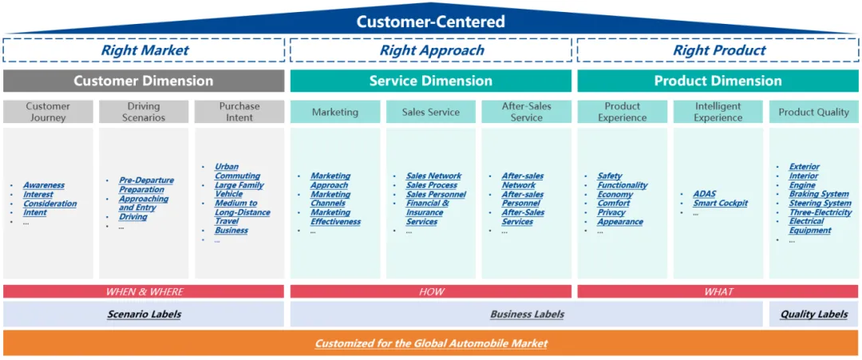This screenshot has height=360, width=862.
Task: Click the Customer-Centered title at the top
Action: click(x=430, y=22)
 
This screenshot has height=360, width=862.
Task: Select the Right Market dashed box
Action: click(x=144, y=50)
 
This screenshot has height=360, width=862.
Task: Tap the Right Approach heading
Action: click(x=431, y=50)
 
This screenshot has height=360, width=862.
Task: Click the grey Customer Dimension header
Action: click(x=144, y=81)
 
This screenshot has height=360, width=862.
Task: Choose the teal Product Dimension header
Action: click(x=718, y=81)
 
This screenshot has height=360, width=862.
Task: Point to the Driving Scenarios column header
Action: click(x=144, y=112)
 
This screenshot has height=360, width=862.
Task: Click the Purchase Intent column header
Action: click(x=239, y=112)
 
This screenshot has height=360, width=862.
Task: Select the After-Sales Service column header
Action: click(x=526, y=112)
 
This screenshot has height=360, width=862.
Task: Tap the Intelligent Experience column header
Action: click(x=718, y=112)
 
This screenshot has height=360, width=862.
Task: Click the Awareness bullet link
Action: click(x=43, y=185)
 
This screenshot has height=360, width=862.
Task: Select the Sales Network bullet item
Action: click(x=433, y=176)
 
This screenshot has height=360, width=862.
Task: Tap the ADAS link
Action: click(x=704, y=194)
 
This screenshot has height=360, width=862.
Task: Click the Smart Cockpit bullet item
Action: click(x=720, y=204)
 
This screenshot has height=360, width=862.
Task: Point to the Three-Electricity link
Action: click(x=820, y=212)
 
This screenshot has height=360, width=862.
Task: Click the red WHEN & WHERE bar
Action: click(x=144, y=292)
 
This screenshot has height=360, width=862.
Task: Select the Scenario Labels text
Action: click(x=144, y=315)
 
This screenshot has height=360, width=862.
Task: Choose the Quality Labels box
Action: click(x=813, y=315)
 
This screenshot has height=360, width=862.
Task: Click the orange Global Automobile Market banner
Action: click(x=431, y=343)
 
